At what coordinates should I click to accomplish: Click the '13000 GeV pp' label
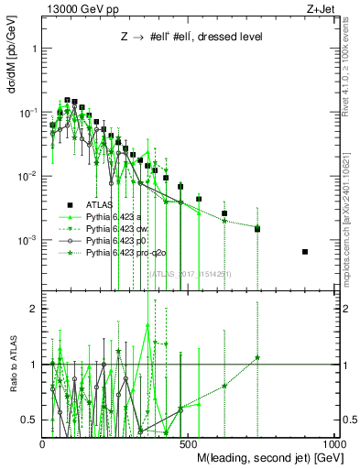click(81, 8)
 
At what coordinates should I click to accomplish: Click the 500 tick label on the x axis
click(189, 443)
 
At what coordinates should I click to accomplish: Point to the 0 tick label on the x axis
click(43, 443)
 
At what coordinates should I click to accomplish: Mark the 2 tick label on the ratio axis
click(34, 310)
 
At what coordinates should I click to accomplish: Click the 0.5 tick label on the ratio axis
click(30, 420)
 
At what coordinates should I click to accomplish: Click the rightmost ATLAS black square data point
click(305, 252)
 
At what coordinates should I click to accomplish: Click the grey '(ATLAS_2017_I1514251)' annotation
click(188, 272)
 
